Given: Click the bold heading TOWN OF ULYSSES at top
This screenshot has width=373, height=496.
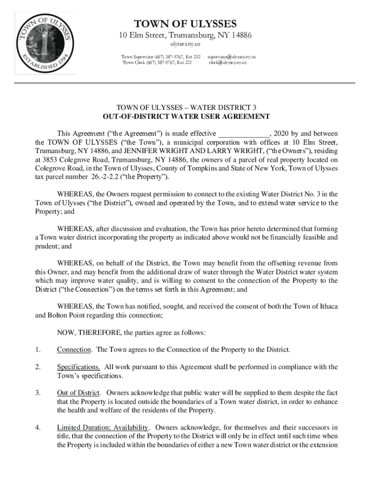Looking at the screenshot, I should pyautogui.click(x=186, y=24).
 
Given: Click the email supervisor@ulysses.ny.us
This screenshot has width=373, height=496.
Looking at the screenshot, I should pyautogui.click(x=232, y=57).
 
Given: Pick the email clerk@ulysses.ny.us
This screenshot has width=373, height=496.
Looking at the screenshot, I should pyautogui.click(x=228, y=62).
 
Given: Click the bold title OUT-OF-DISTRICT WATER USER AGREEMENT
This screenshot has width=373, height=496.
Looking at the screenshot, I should pyautogui.click(x=186, y=117).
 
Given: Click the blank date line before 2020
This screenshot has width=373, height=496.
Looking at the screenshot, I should pyautogui.click(x=244, y=133).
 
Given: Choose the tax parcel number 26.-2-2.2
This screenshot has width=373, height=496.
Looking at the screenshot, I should pyautogui.click(x=88, y=177).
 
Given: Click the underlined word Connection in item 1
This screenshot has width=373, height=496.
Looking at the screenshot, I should pyautogui.click(x=74, y=350).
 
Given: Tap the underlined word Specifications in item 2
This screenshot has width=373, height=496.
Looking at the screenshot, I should pyautogui.click(x=78, y=367).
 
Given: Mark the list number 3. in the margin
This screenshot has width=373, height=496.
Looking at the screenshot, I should pyautogui.click(x=37, y=392).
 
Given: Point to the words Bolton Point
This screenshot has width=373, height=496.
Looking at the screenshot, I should pyautogui.click(x=68, y=315).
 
